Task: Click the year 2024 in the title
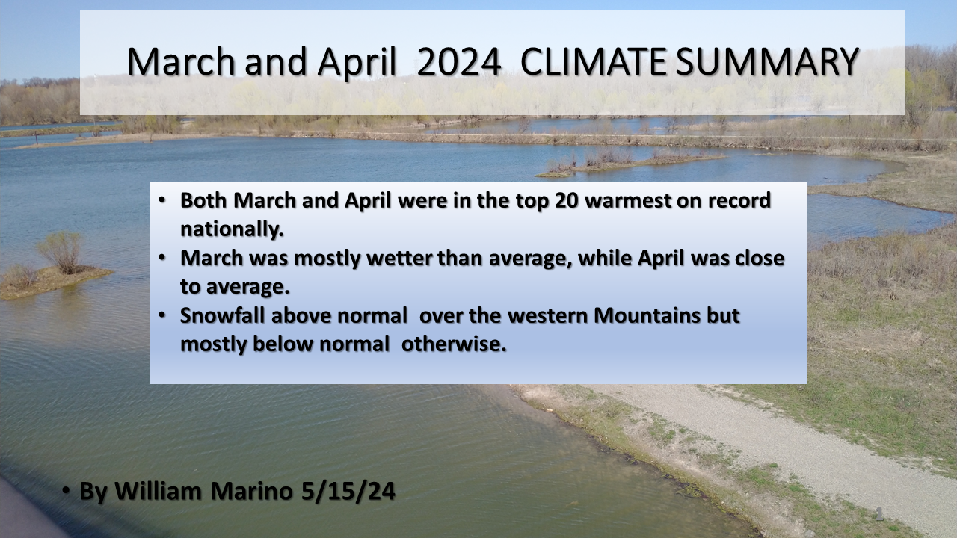pos(458,62)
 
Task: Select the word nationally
pos(232,229)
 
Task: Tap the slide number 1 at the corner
pos(879,514)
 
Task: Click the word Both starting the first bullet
pos(205,201)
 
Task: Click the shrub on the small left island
pos(61,252)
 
